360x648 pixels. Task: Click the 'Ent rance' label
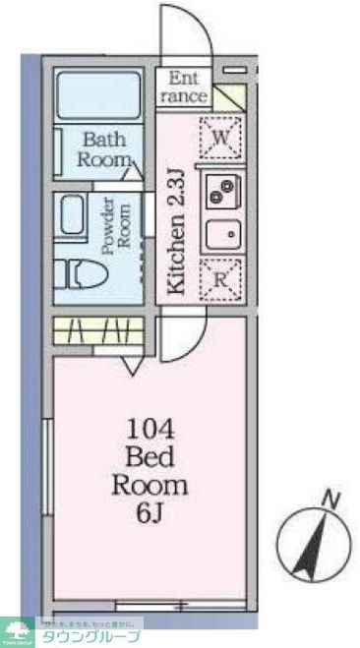(x=187, y=87)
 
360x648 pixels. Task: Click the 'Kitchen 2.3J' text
(x=175, y=232)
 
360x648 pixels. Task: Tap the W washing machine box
(x=221, y=139)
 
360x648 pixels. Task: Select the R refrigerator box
(x=221, y=279)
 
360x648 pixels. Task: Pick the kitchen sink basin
(x=222, y=235)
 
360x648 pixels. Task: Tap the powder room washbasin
(x=72, y=216)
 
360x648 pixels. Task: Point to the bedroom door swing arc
(x=183, y=340)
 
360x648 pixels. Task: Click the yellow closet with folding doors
(x=98, y=331)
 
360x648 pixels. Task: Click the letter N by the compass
(x=331, y=501)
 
